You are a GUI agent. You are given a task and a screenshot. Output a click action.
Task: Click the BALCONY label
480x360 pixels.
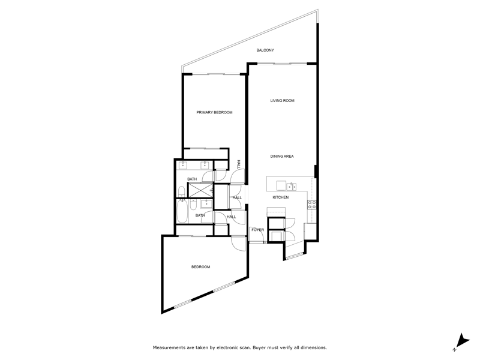265,50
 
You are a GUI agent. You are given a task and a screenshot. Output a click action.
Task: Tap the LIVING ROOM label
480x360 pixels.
282,100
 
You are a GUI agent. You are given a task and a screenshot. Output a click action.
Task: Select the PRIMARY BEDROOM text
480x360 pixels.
214,112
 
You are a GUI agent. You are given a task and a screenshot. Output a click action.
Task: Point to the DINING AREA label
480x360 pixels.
282,156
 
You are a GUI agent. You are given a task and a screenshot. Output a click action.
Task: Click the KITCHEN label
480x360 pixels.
280,197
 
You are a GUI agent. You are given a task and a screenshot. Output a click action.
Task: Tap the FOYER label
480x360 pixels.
258,230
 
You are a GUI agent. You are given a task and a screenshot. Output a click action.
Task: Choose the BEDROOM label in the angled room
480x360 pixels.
201,267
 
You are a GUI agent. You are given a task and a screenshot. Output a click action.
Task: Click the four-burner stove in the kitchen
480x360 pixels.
312,205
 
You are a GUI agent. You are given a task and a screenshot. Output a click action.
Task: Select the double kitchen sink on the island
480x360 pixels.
291,186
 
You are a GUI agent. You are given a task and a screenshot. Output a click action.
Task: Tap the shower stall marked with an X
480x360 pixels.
200,190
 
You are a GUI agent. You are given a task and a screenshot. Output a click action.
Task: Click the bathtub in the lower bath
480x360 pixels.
182,211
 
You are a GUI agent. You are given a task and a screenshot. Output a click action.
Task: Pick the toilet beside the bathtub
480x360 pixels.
193,205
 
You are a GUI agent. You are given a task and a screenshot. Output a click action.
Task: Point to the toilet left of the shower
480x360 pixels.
182,192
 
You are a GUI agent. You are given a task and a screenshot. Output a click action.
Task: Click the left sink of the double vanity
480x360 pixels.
183,166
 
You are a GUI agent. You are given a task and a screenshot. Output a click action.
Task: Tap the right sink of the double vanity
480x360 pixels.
205,166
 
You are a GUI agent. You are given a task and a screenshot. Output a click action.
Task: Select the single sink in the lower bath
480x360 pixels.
206,203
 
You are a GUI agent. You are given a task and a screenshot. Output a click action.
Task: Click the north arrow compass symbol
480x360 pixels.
462,341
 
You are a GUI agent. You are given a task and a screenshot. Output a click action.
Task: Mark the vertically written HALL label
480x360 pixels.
239,164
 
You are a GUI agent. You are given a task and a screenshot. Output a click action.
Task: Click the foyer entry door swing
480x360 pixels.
257,235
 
